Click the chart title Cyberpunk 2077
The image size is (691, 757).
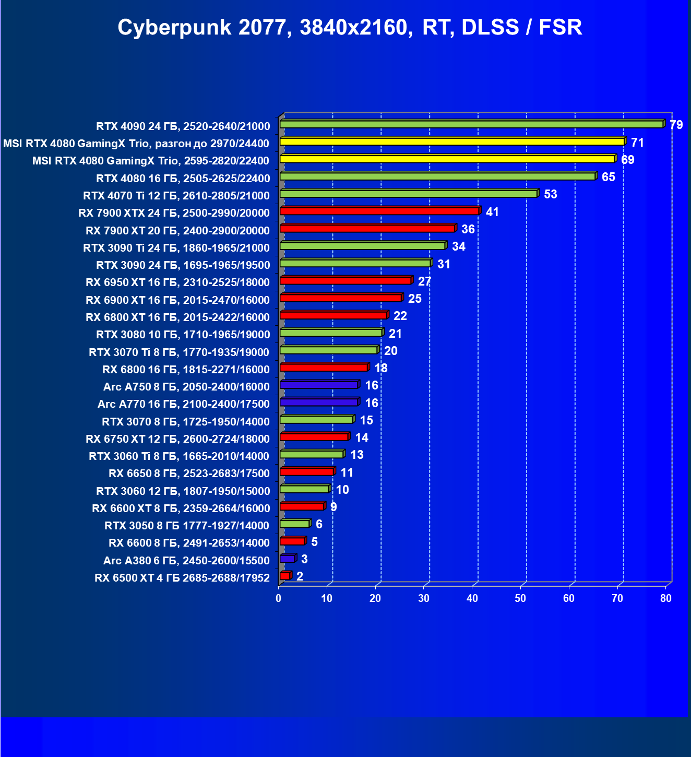tap(350, 27)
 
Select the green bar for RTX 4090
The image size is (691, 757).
tap(471, 124)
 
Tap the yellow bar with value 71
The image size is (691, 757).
tap(452, 141)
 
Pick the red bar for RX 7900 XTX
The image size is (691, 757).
tap(379, 211)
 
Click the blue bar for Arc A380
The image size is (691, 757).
tap(288, 559)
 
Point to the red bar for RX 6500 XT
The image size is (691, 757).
tap(285, 576)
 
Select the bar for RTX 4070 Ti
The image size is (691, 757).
tap(409, 194)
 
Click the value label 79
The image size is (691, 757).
tap(676, 125)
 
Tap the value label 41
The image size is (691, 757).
tap(492, 212)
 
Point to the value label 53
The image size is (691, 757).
tap(551, 194)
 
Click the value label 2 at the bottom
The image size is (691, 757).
tap(300, 576)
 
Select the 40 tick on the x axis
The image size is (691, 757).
tap(472, 598)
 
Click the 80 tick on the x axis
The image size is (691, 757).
tap(666, 598)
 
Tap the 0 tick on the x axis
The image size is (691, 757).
tap(279, 598)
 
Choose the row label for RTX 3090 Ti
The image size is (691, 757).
tap(176, 247)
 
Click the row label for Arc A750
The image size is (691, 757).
tap(186, 386)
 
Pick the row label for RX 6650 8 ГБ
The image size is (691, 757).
tap(189, 473)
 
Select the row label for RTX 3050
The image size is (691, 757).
tap(187, 525)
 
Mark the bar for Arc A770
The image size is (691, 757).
tap(319, 402)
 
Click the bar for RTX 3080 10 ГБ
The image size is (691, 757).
tap(331, 333)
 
